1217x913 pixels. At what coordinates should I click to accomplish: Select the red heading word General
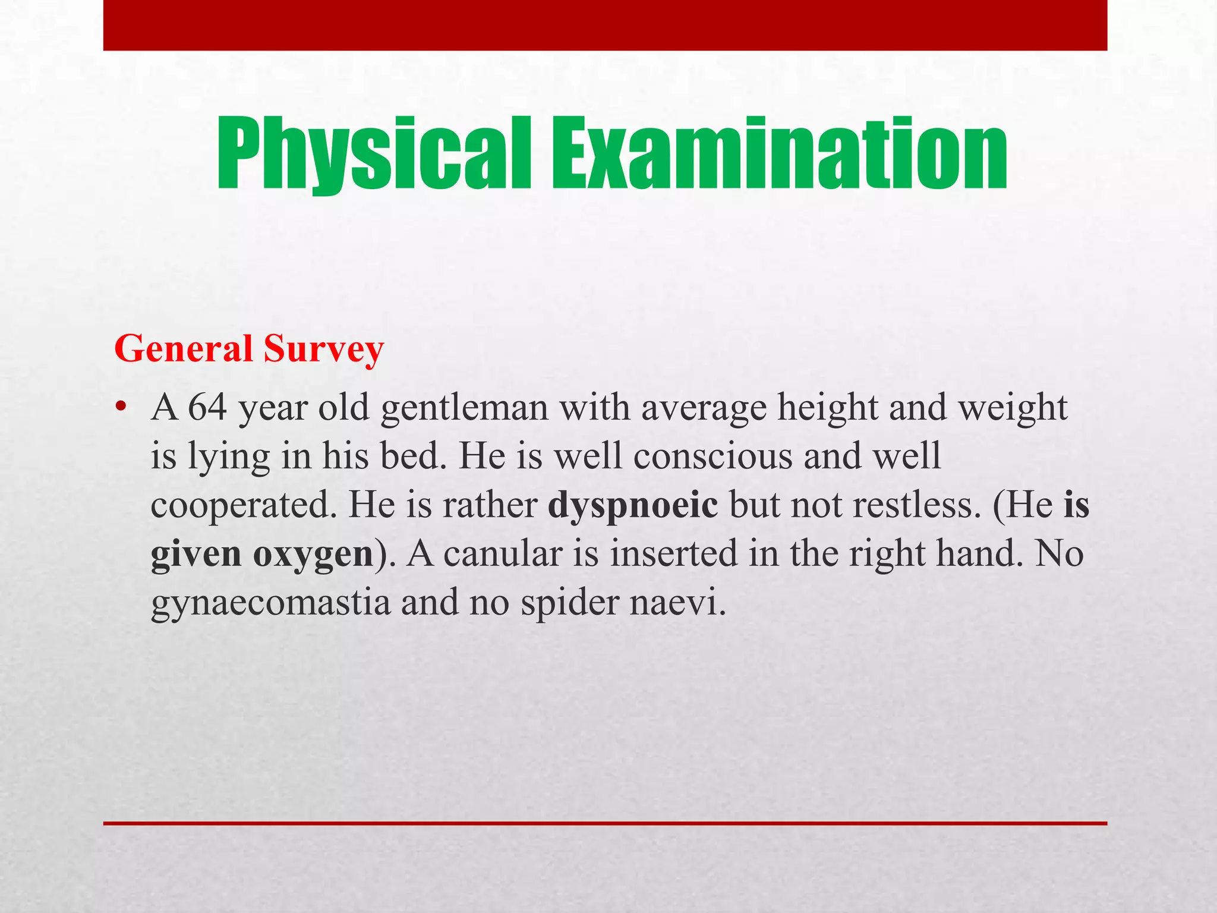(184, 348)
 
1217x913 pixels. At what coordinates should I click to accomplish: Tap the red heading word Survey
(324, 350)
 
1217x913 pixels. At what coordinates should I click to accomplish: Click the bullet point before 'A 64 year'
(121, 407)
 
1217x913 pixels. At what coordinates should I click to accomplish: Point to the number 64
(208, 408)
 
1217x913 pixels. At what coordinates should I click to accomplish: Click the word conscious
(713, 456)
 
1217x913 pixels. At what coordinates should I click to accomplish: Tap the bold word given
(196, 555)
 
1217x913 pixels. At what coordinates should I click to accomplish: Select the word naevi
(677, 603)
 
